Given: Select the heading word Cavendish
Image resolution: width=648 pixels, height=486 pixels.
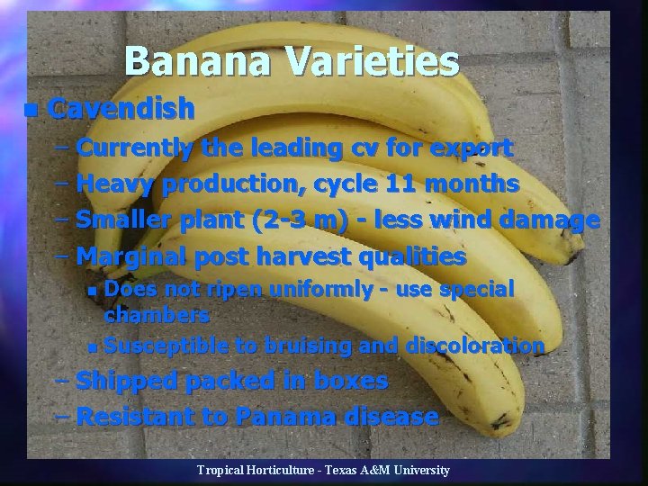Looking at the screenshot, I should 121,109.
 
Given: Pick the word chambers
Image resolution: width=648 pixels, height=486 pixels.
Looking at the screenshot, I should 157,315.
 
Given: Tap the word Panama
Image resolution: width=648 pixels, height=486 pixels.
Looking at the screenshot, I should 278,417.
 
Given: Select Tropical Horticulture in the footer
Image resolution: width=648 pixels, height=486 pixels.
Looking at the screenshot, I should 254,471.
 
